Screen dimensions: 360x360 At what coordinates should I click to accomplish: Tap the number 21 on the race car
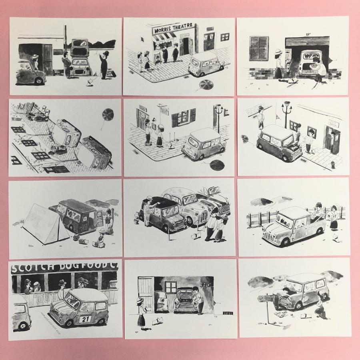[86, 319]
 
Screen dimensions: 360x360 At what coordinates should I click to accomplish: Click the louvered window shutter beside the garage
[259, 48]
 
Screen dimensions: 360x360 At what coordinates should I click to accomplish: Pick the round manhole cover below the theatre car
[206, 84]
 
